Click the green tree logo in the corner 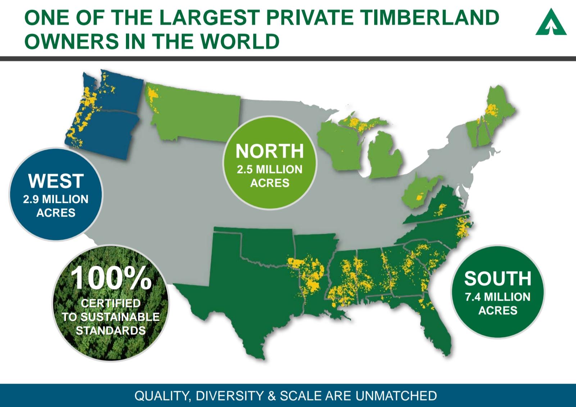pyautogui.click(x=551, y=23)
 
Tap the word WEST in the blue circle pyautogui.click(x=56, y=181)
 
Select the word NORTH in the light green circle pyautogui.click(x=270, y=151)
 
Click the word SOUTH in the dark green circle pyautogui.click(x=498, y=278)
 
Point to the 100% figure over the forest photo pyautogui.click(x=111, y=278)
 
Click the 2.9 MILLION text pyautogui.click(x=56, y=199)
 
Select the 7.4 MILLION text pyautogui.click(x=498, y=297)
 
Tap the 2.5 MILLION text pyautogui.click(x=270, y=170)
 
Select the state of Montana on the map pyautogui.click(x=194, y=111)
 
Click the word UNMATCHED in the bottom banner pyautogui.click(x=396, y=396)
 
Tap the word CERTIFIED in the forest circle pyautogui.click(x=111, y=304)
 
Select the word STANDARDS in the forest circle pyautogui.click(x=111, y=330)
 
